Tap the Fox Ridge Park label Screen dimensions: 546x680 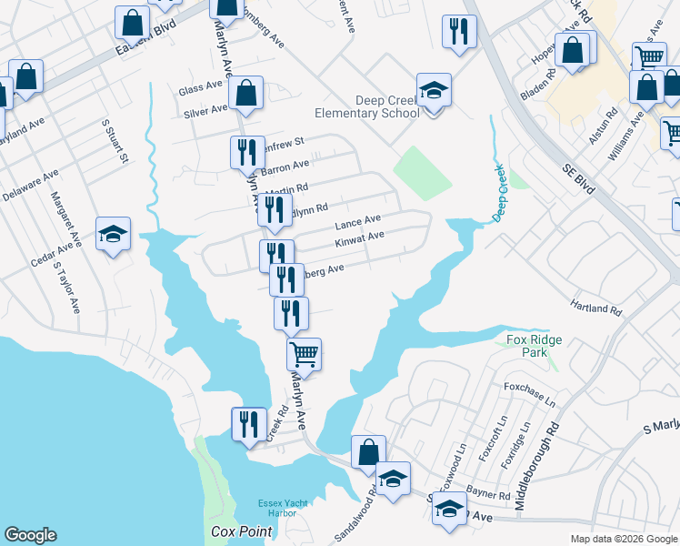pos(534,346)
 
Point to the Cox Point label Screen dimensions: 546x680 pos(236,531)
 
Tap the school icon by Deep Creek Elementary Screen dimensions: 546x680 pos(434,91)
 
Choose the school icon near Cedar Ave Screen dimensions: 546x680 pos(114,235)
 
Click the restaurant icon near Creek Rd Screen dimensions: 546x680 pos(246,424)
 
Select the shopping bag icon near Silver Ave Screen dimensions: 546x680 pos(245,92)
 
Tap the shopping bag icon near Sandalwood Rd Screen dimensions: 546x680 pos(368,451)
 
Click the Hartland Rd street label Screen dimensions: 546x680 pos(596,304)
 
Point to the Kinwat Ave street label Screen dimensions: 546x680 pos(359,239)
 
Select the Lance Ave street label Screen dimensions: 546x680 pos(357,222)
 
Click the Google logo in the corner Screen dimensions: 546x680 pos(30,535)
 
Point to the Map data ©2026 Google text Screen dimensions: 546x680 pos(624,539)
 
